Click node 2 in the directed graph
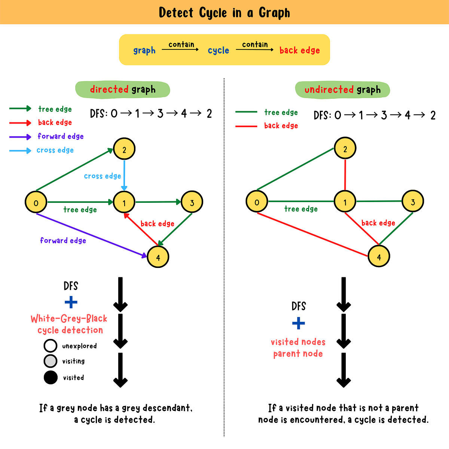tap(124, 149)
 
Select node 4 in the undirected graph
tap(379, 257)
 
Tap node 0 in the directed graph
tap(36, 202)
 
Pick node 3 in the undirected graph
tap(413, 202)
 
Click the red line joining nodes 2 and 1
tap(345, 175)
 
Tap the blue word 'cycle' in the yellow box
tap(218, 51)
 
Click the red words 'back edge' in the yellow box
tap(299, 51)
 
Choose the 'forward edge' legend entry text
tap(61, 136)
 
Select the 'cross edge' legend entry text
tap(55, 150)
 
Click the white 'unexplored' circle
tap(51, 346)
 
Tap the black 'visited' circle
tap(51, 377)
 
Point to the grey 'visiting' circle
tap(51, 361)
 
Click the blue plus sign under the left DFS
tap(71, 302)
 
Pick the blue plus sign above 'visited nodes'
tap(298, 323)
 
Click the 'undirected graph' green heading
tap(342, 90)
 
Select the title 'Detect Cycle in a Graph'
tap(224, 13)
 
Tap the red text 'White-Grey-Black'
tap(69, 319)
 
